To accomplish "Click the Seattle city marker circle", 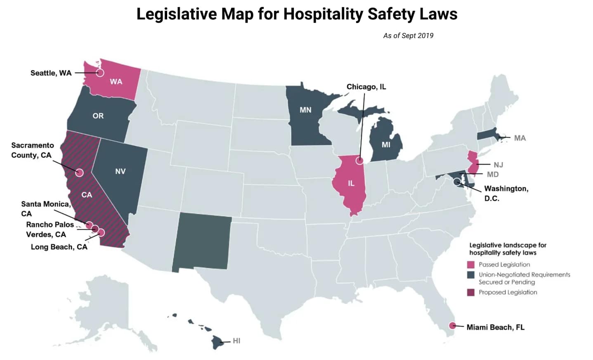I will (100, 73).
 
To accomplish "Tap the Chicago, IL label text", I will (366, 87).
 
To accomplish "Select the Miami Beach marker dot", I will (452, 325).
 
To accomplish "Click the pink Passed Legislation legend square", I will (471, 265).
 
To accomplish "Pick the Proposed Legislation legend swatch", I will (471, 292).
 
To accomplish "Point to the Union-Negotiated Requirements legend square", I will (471, 275).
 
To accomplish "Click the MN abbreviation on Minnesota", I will (305, 110).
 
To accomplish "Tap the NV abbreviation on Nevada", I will (120, 171).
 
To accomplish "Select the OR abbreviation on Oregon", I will (98, 116).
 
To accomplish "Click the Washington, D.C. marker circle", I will (456, 182).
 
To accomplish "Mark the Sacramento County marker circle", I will (79, 173).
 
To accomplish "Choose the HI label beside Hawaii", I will (236, 341).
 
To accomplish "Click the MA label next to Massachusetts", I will (520, 138).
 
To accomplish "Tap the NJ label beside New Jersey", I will (498, 165).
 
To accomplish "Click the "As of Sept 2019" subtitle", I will (408, 36).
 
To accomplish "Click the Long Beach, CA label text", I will (59, 247).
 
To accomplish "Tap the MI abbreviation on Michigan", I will (386, 144).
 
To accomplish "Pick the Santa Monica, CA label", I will (45, 208).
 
